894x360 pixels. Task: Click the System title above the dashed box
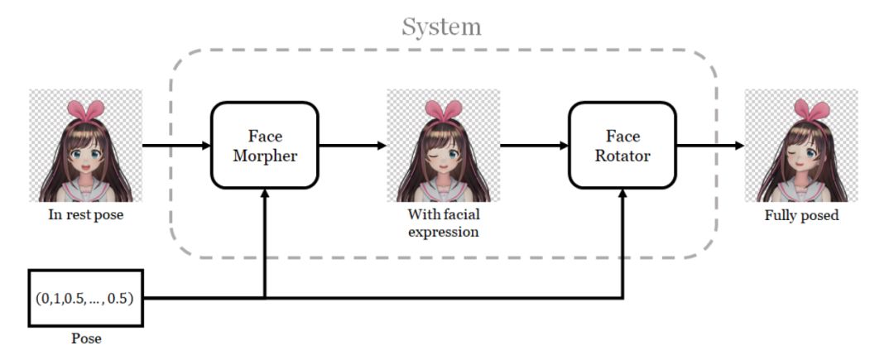(441, 26)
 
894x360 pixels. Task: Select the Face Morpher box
(265, 146)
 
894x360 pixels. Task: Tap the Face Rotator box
(622, 146)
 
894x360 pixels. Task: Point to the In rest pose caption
(85, 218)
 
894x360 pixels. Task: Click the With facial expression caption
(443, 223)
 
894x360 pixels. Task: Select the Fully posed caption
(801, 217)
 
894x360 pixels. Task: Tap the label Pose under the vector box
(85, 338)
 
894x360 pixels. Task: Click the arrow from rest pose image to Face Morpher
(176, 146)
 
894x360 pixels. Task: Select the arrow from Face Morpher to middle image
(352, 146)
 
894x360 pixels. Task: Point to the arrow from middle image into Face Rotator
(534, 146)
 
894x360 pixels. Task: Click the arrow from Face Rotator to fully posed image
(709, 146)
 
